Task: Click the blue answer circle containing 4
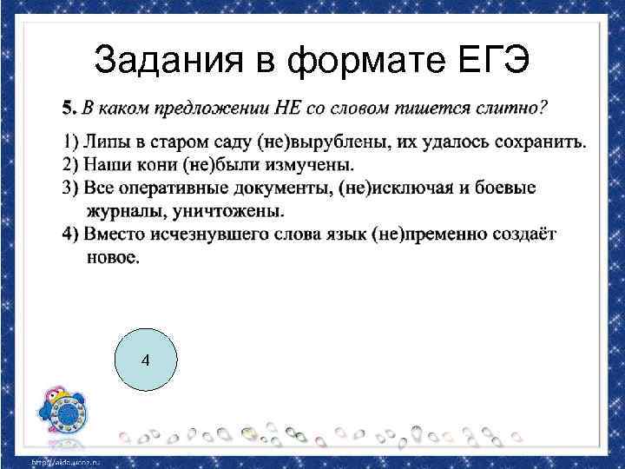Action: [x=145, y=360]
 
